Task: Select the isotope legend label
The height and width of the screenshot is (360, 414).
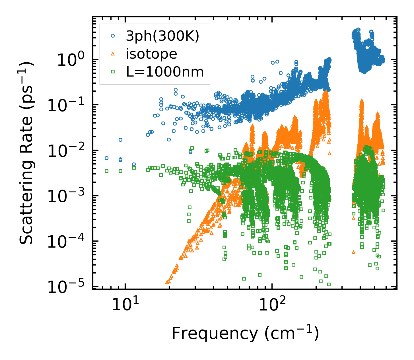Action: coord(151,54)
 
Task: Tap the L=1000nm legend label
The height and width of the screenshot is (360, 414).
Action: coord(165,72)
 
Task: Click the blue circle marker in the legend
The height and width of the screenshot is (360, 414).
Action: coord(113,36)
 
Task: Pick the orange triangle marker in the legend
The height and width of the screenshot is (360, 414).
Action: coord(113,54)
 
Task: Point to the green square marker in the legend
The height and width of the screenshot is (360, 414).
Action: coord(113,72)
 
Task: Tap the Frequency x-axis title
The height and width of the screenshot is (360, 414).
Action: coord(245,333)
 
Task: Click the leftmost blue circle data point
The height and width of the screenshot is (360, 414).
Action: coord(106,158)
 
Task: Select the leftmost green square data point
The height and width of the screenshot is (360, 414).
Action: coord(106,171)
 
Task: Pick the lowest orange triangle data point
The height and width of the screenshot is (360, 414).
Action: coord(167,282)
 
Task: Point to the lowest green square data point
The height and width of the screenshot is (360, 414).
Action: coord(329,284)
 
